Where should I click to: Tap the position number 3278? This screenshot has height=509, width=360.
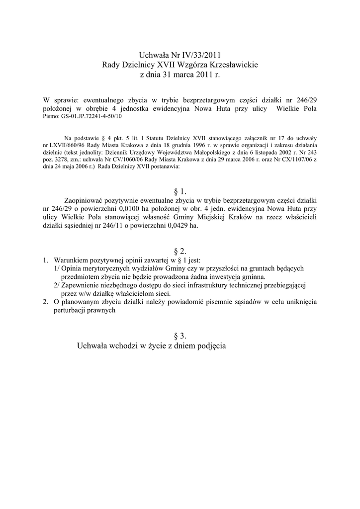[64, 161]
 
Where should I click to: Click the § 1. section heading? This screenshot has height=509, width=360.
[180, 191]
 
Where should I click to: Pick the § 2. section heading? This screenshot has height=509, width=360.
[180, 252]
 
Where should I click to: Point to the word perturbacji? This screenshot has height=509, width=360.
[71, 310]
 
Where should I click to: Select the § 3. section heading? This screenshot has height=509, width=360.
[180, 336]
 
